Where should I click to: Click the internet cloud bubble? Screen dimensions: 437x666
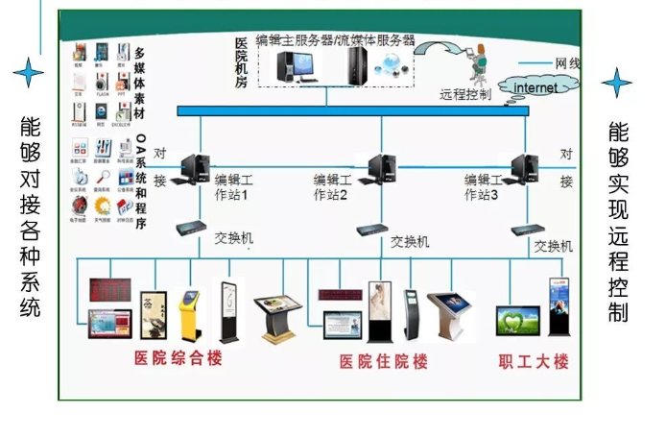(x=535, y=88)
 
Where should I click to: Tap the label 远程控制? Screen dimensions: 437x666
(x=465, y=96)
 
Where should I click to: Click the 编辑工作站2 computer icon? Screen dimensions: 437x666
(x=383, y=168)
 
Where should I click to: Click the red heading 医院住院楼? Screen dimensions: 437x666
(x=384, y=362)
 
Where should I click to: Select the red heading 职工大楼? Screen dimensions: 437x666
(x=535, y=362)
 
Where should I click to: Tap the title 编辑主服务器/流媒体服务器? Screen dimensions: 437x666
(x=335, y=40)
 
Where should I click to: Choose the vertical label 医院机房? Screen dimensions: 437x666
(x=241, y=63)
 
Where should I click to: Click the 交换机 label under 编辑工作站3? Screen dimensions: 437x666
(x=554, y=247)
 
